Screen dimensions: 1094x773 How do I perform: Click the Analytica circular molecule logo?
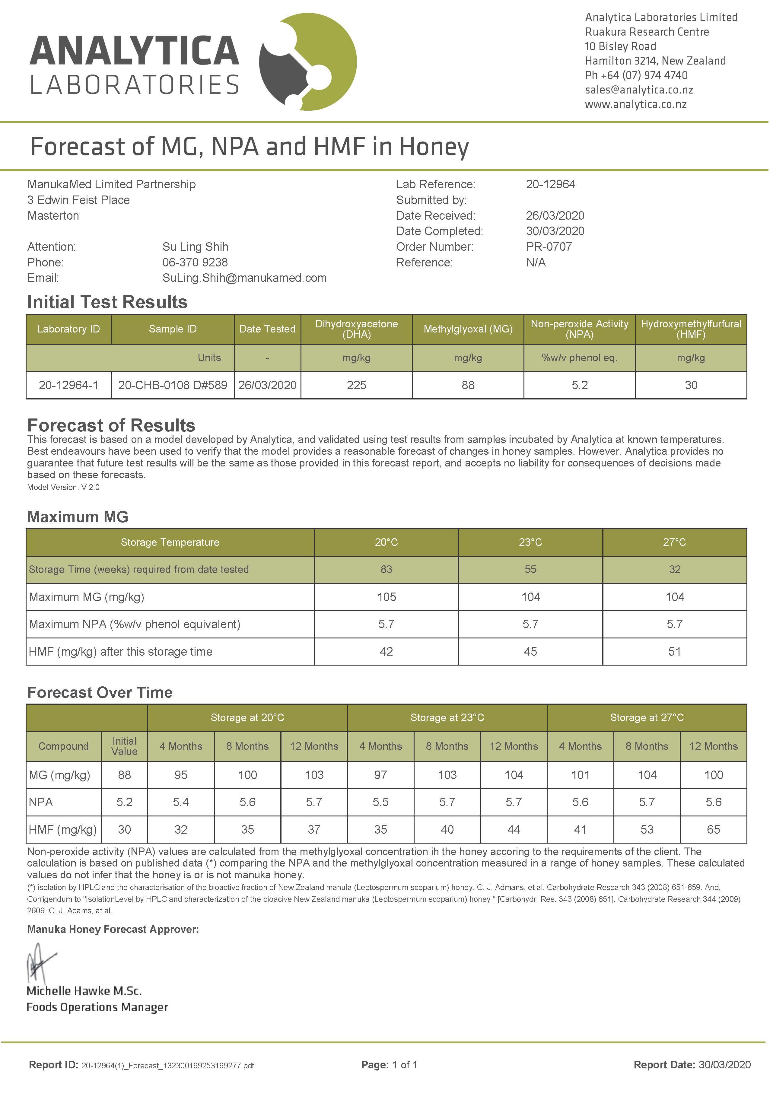[308, 62]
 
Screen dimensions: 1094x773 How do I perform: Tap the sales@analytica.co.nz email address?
[639, 90]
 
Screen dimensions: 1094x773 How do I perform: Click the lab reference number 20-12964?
[550, 184]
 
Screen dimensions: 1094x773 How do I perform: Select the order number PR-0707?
[549, 247]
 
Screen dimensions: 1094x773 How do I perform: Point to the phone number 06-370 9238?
[195, 262]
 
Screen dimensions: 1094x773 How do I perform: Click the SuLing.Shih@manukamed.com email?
[244, 278]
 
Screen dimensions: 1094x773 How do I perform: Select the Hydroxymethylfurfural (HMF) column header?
[691, 329]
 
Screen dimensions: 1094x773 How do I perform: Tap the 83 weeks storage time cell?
[386, 569]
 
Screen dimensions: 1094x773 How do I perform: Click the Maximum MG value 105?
[386, 597]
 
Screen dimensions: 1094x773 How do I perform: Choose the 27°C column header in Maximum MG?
[674, 542]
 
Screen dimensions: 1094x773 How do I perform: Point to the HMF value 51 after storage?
[674, 651]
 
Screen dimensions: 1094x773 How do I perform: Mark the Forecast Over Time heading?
[100, 692]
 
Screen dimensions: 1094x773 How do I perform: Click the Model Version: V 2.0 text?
[63, 488]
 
